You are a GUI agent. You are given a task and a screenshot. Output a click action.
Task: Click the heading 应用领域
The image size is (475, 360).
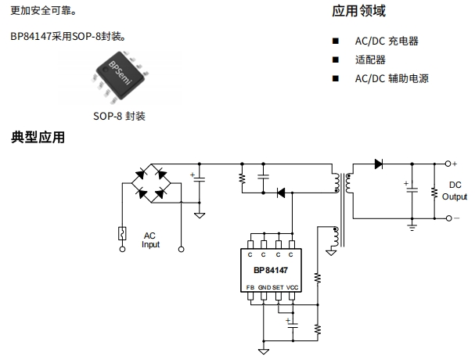tap(359, 12)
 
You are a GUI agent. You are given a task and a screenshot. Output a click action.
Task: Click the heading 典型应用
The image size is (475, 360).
tap(38, 139)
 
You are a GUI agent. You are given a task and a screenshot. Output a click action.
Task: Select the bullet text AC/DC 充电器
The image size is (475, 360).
tap(387, 40)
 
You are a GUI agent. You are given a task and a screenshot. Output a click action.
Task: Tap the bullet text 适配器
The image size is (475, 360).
tap(370, 59)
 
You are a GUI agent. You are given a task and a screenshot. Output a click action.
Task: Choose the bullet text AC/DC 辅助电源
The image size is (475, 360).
tap(392, 78)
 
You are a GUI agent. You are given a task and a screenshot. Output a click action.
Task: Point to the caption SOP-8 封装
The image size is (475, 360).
tap(119, 117)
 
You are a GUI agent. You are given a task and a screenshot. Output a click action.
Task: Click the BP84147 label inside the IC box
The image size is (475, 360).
tap(271, 271)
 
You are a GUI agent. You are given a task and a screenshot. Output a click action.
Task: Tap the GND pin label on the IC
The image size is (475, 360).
tap(264, 288)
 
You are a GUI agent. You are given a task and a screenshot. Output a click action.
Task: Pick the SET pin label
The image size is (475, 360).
tap(278, 288)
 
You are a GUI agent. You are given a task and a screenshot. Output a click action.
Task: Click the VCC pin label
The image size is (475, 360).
tap(293, 288)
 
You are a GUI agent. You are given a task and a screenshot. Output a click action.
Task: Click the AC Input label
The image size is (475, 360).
tap(150, 239)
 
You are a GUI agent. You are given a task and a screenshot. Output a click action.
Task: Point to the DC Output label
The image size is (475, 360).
tap(455, 191)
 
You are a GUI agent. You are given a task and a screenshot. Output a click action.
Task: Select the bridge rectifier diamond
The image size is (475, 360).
tap(153, 182)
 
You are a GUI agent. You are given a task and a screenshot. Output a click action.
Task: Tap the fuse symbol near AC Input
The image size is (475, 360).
tap(122, 232)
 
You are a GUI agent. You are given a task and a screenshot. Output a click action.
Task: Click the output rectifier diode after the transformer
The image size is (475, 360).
tap(379, 164)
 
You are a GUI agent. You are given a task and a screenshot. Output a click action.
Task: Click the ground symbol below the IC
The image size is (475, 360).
tap(264, 350)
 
